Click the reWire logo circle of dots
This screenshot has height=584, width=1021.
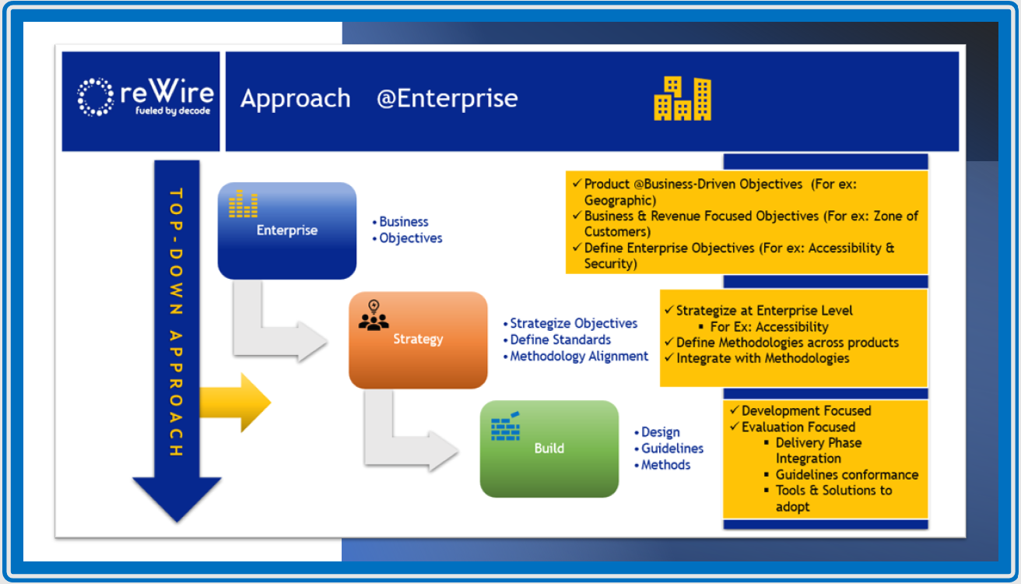(x=96, y=97)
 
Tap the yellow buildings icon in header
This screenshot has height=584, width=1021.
(x=682, y=98)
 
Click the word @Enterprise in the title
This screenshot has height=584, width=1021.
(x=447, y=99)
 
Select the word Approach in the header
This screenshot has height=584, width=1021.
(x=295, y=99)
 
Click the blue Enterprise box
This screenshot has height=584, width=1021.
(x=286, y=230)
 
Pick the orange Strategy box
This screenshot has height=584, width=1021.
(x=418, y=340)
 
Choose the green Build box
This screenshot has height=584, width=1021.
(x=549, y=449)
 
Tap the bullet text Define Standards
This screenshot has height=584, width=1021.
(x=560, y=339)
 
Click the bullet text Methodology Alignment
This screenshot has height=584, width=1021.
(x=579, y=356)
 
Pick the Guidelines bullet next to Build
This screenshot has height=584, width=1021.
(x=672, y=449)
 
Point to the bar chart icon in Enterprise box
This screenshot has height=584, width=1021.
(x=243, y=205)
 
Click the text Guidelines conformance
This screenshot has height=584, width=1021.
(x=847, y=474)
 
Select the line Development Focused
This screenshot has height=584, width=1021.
(x=805, y=410)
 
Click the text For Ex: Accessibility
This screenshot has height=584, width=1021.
(x=769, y=327)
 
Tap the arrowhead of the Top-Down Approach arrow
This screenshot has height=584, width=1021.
(x=177, y=498)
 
